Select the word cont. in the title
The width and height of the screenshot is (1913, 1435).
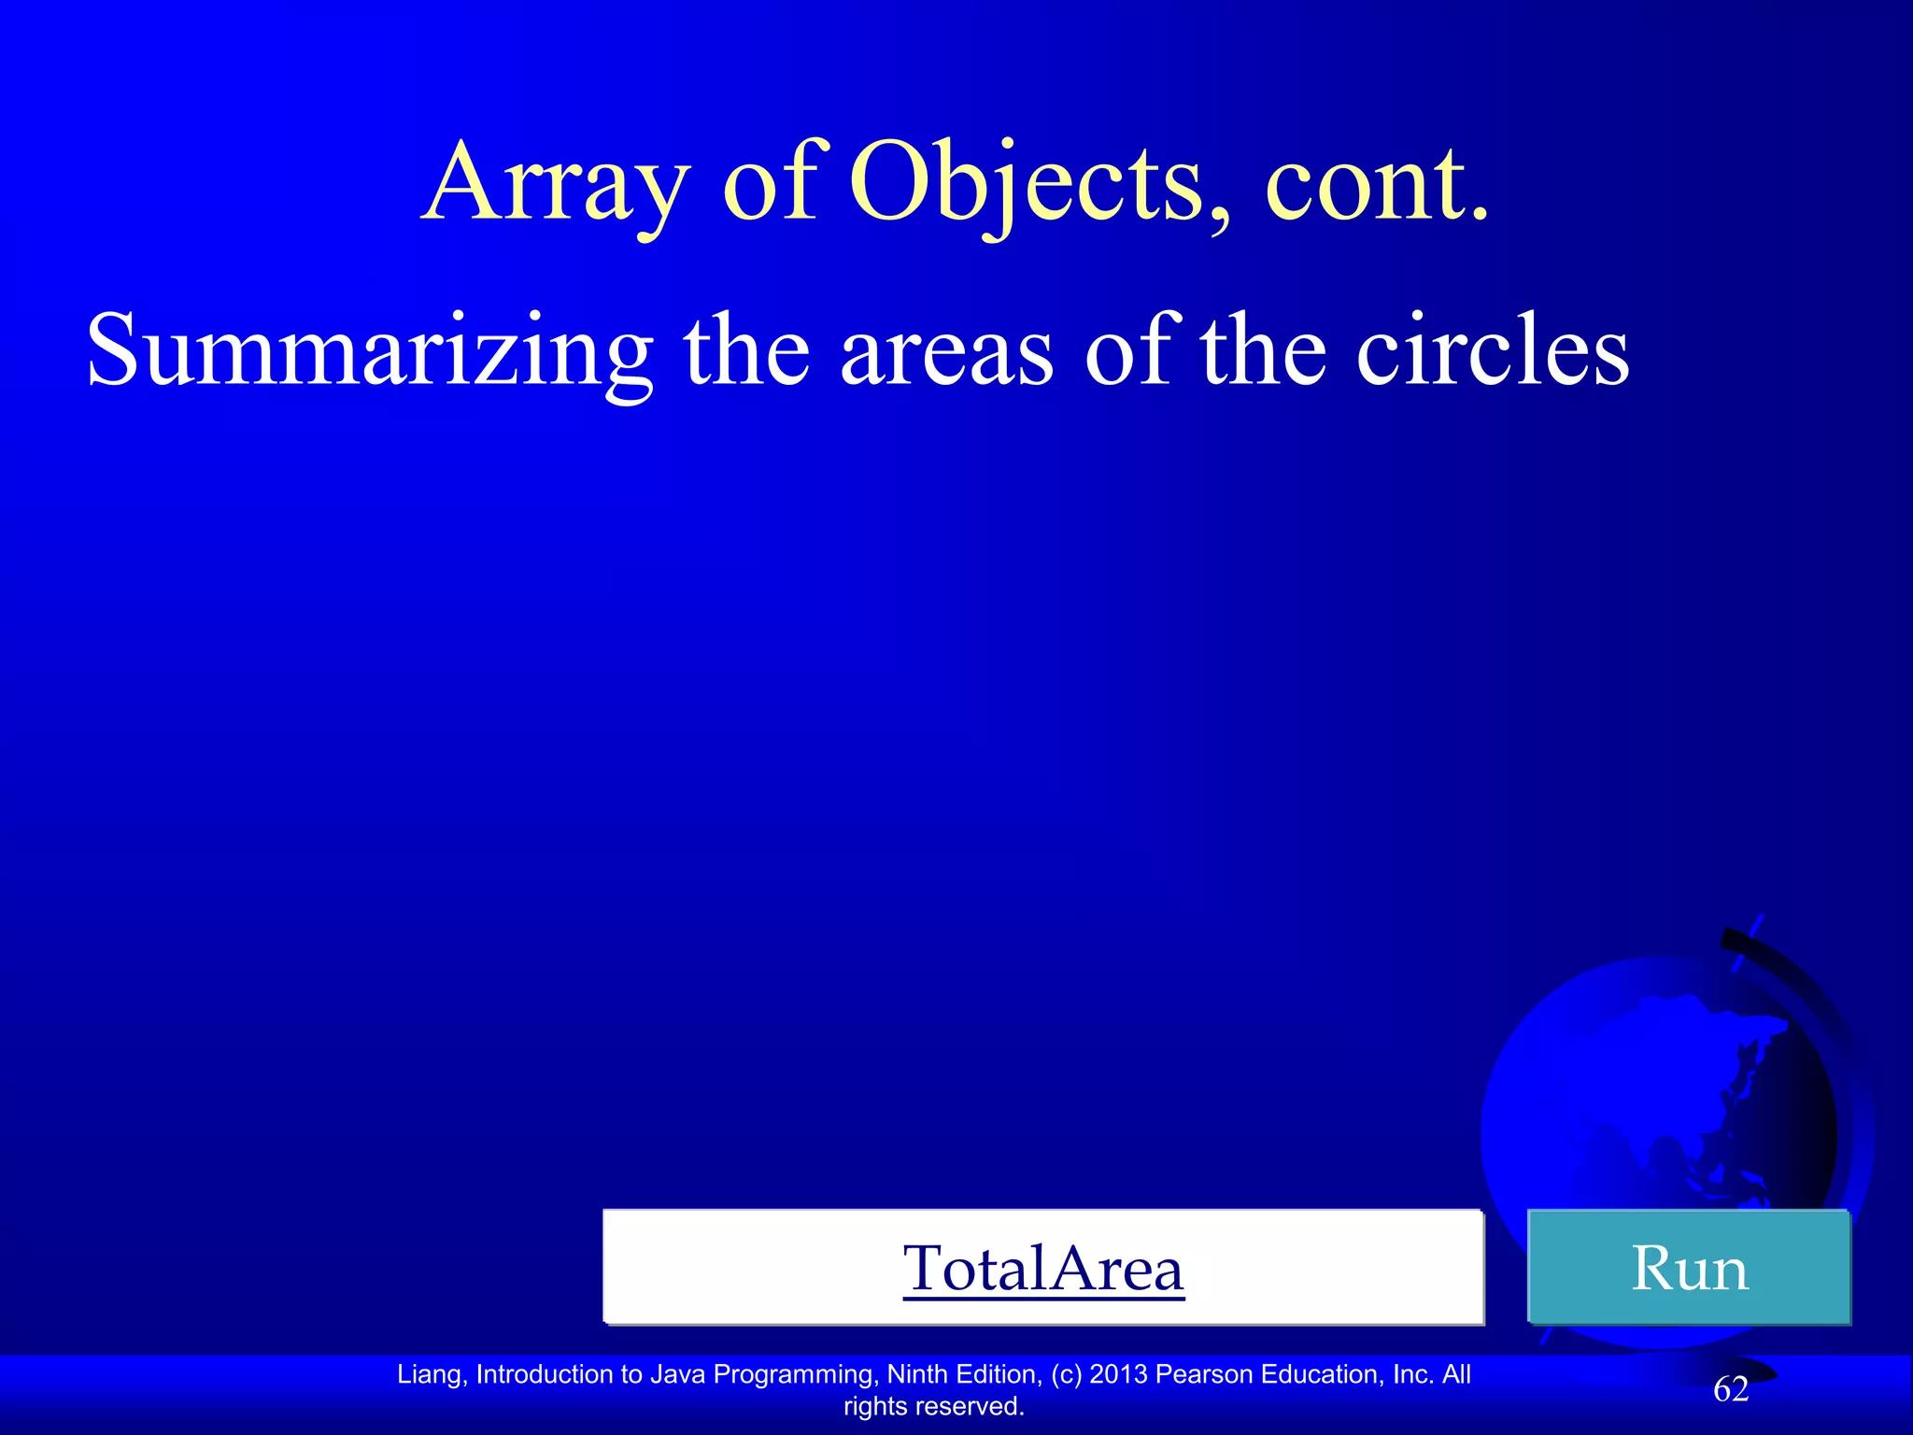(1377, 184)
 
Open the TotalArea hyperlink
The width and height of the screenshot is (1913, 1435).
(1043, 1269)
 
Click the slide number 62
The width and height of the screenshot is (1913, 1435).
(1731, 1389)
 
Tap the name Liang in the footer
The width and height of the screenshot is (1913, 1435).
(431, 1374)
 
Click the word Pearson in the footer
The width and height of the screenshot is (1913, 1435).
(1205, 1374)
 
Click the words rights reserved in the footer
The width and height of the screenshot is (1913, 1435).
(933, 1406)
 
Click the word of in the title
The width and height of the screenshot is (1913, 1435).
(770, 184)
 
